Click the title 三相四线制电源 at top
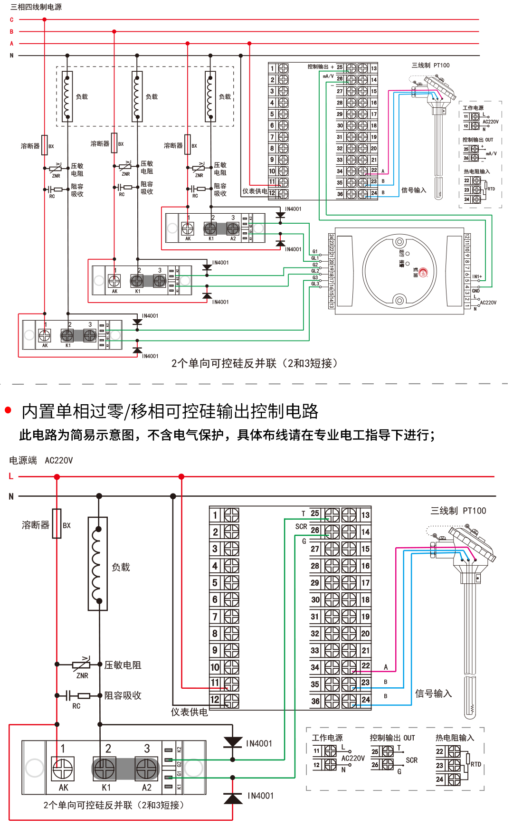coord(36,7)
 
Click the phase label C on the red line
coord(12,20)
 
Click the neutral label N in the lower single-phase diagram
coord(11,496)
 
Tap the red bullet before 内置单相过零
coord(8,410)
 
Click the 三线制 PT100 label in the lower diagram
coord(458,511)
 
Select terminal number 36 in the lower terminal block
coord(315,701)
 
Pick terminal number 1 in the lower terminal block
coord(215,515)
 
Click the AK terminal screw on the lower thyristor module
coord(63,769)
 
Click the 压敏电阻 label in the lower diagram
coord(123,665)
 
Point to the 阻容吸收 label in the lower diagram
coord(123,695)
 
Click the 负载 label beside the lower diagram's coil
coord(121,567)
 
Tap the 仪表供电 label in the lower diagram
coord(189,712)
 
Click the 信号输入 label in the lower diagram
coord(433,693)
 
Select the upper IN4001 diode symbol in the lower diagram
coord(233,742)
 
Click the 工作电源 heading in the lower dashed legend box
coord(327,738)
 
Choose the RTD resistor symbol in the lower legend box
coord(467,764)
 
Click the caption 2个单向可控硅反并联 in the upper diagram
coord(255,363)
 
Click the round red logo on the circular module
coord(423,272)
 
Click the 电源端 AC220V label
coord(41,460)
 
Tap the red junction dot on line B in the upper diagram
coord(114,31)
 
